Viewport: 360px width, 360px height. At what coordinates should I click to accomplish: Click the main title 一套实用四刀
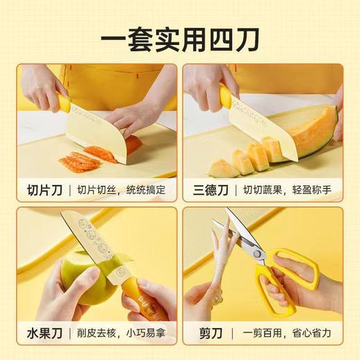(179, 37)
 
